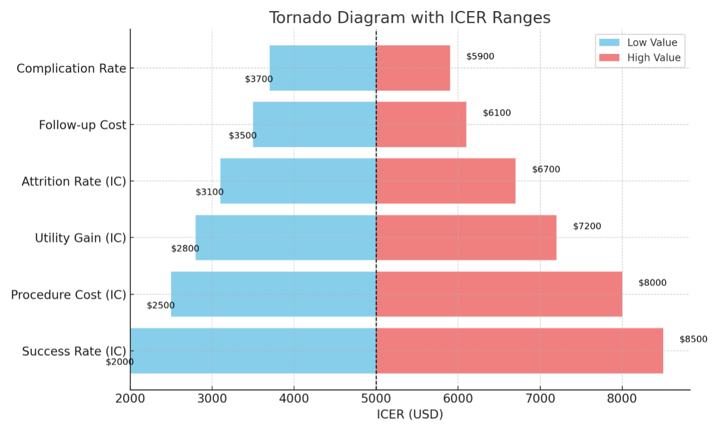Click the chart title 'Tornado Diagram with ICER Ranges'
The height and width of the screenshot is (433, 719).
pyautogui.click(x=409, y=18)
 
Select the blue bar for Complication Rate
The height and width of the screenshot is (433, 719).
pyautogui.click(x=323, y=68)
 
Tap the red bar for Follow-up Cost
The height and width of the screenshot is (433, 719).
pyautogui.click(x=421, y=125)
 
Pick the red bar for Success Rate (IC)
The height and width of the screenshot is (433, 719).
pyautogui.click(x=519, y=351)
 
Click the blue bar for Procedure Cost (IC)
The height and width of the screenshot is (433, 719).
pyautogui.click(x=274, y=294)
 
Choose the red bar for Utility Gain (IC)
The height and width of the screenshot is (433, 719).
pyautogui.click(x=466, y=237)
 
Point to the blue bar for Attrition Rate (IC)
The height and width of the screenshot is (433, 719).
pyautogui.click(x=298, y=181)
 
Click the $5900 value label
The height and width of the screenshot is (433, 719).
pyautogui.click(x=480, y=56)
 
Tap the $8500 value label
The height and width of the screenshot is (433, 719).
pyautogui.click(x=693, y=339)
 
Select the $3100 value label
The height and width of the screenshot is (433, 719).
pyautogui.click(x=210, y=192)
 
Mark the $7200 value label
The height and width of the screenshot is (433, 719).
pyautogui.click(x=587, y=226)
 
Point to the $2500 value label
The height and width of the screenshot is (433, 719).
pyautogui.click(x=161, y=305)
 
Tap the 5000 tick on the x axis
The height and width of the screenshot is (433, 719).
pyautogui.click(x=376, y=399)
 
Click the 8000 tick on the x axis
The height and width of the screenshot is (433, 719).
pyautogui.click(x=622, y=399)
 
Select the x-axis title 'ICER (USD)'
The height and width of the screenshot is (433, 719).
pyautogui.click(x=410, y=414)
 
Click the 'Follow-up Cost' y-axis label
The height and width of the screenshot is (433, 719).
pyautogui.click(x=82, y=125)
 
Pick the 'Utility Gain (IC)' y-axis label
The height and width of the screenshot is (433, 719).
pyautogui.click(x=80, y=238)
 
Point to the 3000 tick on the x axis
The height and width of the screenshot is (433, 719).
pyautogui.click(x=212, y=399)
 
